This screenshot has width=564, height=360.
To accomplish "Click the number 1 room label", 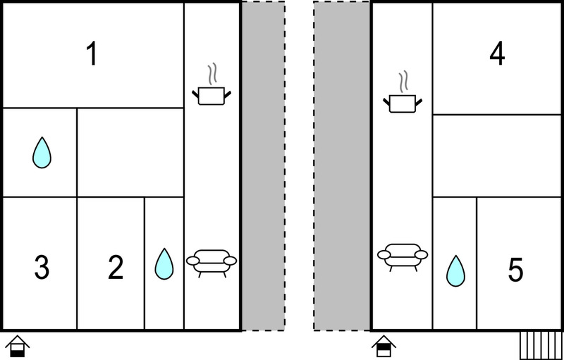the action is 92,53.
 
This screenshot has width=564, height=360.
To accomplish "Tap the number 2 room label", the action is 116,267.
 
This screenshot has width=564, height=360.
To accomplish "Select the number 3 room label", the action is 42,267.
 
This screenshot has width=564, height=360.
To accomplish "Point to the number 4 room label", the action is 497,53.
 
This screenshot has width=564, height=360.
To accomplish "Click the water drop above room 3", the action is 42,152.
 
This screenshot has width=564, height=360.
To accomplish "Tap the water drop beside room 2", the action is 164,263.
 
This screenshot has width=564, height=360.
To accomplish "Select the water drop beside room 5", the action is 455,271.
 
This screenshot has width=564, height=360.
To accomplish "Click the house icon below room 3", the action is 17,347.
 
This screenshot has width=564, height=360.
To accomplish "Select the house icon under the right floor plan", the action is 384,347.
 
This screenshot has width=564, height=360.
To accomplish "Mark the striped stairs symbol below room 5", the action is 541,346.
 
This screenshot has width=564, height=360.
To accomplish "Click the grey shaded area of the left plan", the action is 263,166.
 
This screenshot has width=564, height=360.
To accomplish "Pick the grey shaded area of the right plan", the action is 342,166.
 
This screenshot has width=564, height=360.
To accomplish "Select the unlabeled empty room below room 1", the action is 130,152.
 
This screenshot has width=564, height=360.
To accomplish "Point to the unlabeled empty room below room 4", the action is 497,156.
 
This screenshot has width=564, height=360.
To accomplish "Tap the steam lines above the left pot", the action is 213,74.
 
